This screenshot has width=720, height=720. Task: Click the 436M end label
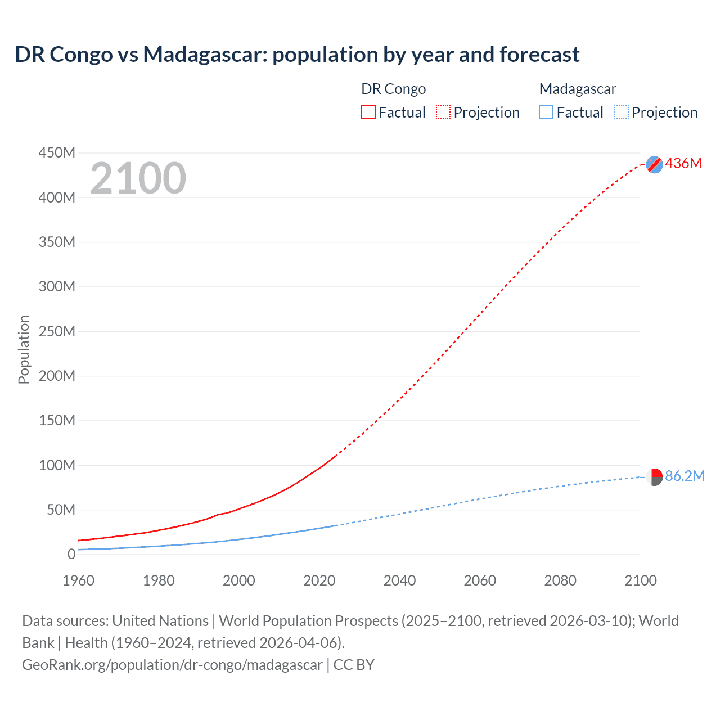(x=683, y=163)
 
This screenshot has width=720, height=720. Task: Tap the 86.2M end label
(x=685, y=476)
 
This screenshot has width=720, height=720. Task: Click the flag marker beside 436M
(x=654, y=164)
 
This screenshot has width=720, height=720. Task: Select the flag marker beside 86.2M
(x=654, y=477)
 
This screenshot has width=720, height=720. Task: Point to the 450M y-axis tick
(x=57, y=152)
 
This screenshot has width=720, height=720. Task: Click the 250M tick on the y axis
(x=57, y=331)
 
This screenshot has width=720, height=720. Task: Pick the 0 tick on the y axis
(x=71, y=554)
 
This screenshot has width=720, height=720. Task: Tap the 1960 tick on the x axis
(x=78, y=580)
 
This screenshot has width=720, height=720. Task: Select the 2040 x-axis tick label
(x=399, y=580)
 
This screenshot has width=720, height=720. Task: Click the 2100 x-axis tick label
(x=640, y=580)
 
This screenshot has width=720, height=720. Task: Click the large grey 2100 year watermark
(x=138, y=178)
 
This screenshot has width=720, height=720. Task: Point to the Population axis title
(x=24, y=349)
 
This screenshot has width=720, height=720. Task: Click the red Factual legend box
(x=368, y=112)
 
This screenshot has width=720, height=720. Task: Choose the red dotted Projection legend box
(x=443, y=112)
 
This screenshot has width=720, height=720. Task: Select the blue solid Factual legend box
(x=546, y=112)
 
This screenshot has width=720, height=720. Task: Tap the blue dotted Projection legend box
(x=622, y=112)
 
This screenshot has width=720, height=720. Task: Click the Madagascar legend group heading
(x=578, y=89)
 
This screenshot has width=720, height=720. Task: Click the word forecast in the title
(x=539, y=55)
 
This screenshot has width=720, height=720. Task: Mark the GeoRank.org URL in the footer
(x=172, y=664)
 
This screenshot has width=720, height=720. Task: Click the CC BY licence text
(x=354, y=664)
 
